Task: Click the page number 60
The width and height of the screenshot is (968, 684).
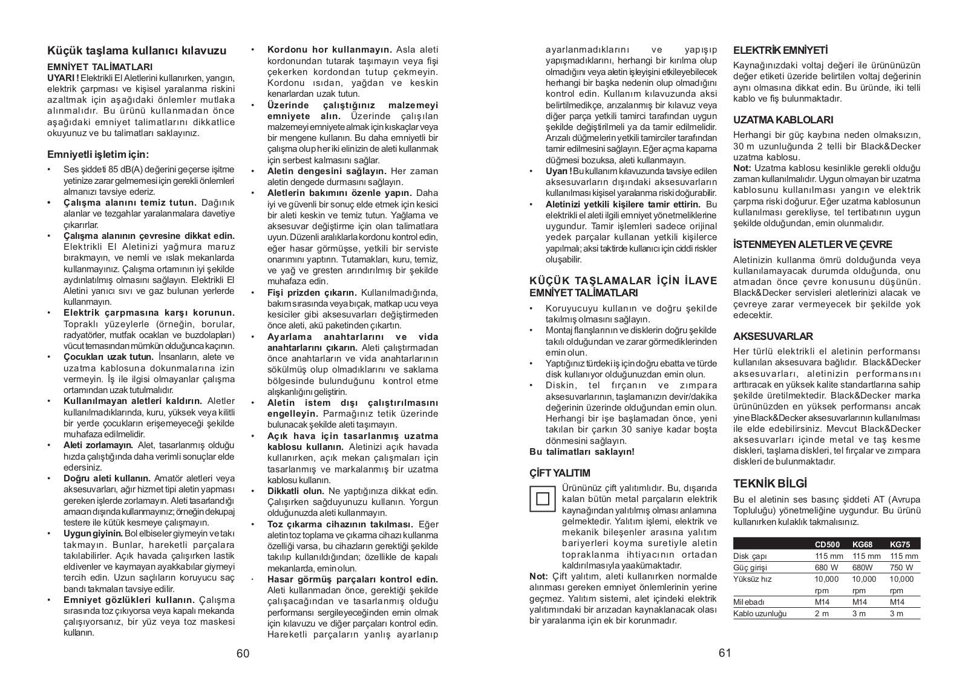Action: pyautogui.click(x=243, y=654)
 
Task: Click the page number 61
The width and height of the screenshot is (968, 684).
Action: pyautogui.click(x=725, y=653)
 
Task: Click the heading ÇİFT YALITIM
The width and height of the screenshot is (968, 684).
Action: pyautogui.click(x=560, y=472)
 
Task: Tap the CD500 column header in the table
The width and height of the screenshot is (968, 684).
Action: pyautogui.click(x=827, y=544)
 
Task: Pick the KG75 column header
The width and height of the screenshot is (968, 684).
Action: pyautogui.click(x=900, y=544)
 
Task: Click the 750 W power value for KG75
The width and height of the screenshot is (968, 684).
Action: pyautogui.click(x=901, y=567)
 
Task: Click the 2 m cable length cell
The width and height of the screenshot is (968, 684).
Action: pyautogui.click(x=822, y=613)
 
